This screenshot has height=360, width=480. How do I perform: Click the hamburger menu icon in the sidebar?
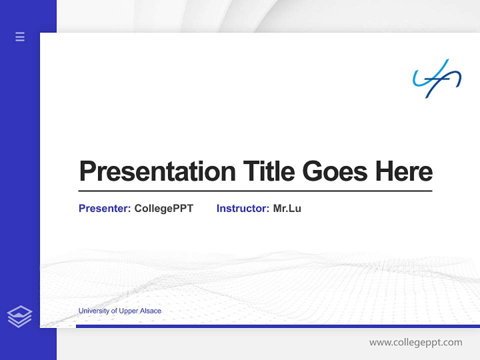(20, 36)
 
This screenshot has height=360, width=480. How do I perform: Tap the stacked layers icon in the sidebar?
(19, 316)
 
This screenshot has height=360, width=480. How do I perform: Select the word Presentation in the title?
(157, 171)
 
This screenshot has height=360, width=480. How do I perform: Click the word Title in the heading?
(269, 171)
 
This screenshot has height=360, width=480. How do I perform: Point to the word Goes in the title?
(335, 171)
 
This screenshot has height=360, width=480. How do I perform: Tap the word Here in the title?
(404, 171)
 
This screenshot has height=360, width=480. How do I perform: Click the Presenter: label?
(104, 208)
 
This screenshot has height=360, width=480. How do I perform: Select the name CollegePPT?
(164, 209)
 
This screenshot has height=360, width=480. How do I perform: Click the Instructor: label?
(243, 208)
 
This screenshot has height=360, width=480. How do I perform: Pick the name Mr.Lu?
(287, 208)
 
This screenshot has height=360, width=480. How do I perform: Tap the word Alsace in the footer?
(150, 310)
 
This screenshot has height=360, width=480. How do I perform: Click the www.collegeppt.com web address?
(415, 342)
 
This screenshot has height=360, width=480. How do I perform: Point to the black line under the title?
(255, 191)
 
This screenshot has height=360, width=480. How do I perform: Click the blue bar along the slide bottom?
(278, 326)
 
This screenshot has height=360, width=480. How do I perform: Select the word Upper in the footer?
(128, 311)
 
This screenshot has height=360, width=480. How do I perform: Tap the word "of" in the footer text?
(114, 310)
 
